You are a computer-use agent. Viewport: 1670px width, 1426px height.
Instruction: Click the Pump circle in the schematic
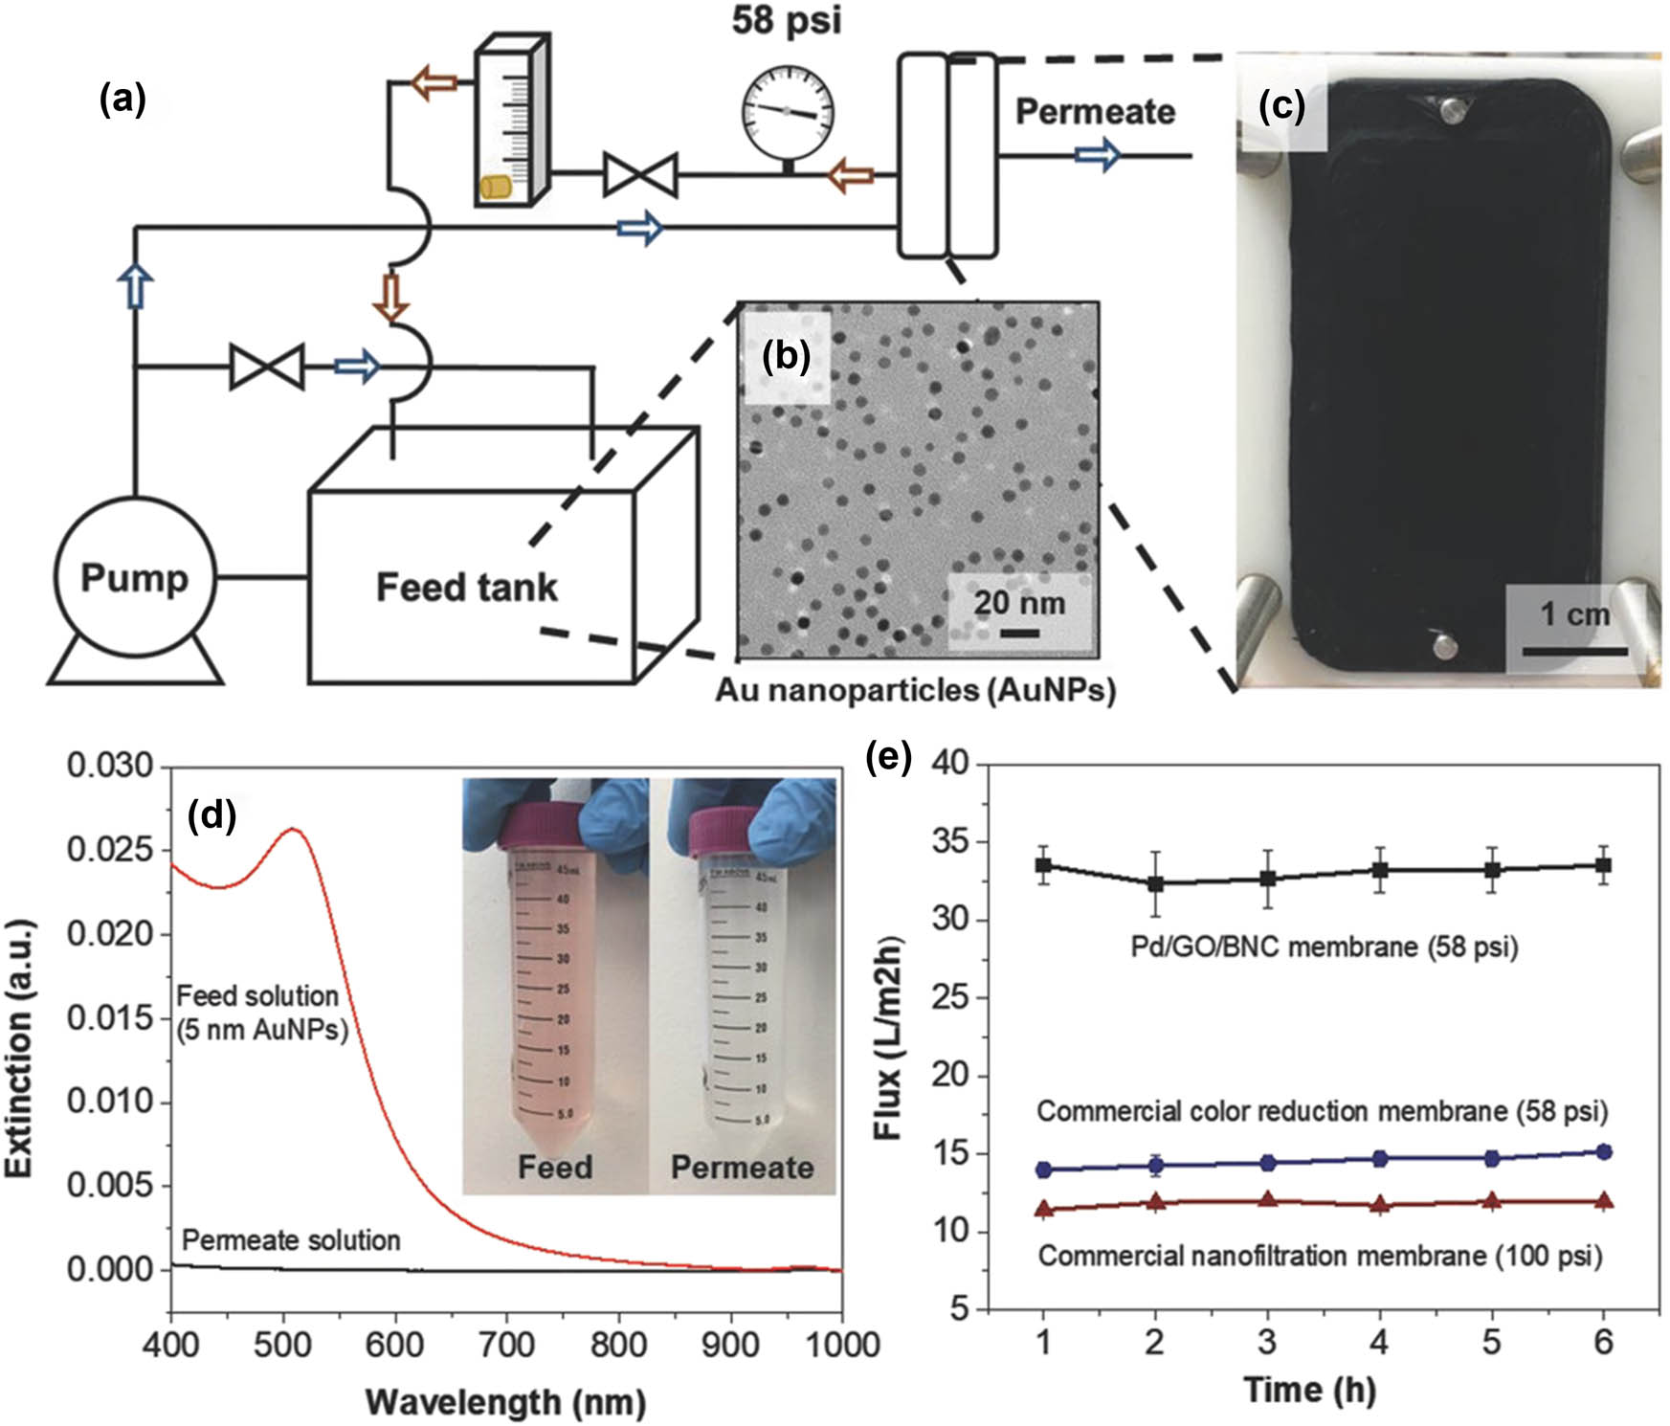[134, 577]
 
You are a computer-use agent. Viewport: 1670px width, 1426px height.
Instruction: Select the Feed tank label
[466, 587]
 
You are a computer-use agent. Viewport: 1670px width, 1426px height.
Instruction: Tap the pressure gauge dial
[788, 112]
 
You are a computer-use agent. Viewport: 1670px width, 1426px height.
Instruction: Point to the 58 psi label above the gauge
[787, 21]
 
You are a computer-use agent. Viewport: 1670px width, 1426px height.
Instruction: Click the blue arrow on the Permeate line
[1097, 155]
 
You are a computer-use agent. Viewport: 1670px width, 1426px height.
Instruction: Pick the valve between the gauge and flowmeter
[640, 175]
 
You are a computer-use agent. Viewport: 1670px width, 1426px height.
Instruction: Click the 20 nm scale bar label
[1018, 603]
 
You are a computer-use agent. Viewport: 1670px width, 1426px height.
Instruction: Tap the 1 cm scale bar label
[1574, 613]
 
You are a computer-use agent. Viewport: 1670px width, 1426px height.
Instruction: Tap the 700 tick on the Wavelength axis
[506, 1345]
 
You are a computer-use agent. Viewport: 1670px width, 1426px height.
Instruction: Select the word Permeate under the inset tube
[742, 1167]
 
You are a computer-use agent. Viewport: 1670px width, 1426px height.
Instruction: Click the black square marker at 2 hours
[1155, 883]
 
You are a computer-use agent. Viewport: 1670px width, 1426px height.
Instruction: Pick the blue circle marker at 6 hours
[1604, 1151]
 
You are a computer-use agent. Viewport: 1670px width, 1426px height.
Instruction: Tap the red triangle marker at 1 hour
[1044, 1209]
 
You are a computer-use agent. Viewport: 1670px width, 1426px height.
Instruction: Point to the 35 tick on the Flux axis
[949, 842]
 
